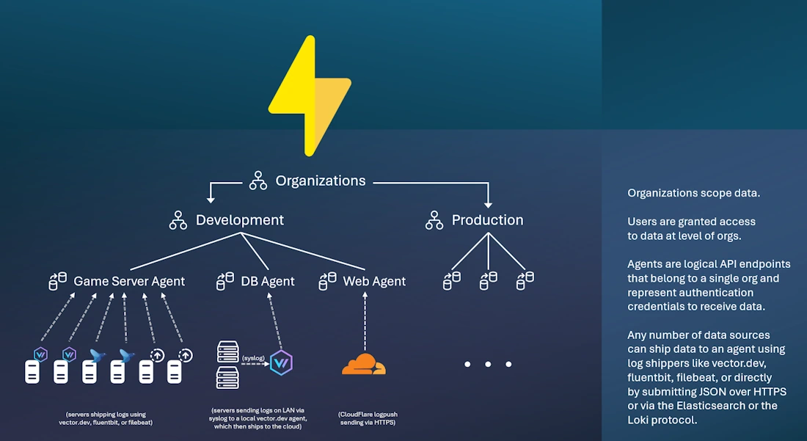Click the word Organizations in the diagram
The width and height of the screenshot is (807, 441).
321,181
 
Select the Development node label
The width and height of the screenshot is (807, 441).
239,219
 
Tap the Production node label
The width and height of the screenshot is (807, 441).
487,219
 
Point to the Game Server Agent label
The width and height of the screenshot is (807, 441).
129,281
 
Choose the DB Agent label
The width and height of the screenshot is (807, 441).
268,281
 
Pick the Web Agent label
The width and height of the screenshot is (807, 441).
374,281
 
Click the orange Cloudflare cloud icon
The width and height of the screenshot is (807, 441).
363,364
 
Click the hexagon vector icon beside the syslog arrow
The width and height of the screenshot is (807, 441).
281,362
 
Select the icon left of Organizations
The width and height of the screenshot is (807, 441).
258,181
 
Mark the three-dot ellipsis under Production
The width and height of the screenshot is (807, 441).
488,364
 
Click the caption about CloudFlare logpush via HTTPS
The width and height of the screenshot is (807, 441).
364,418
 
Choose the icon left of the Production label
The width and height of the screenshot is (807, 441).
434,219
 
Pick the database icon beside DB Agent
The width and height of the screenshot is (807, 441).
224,280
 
